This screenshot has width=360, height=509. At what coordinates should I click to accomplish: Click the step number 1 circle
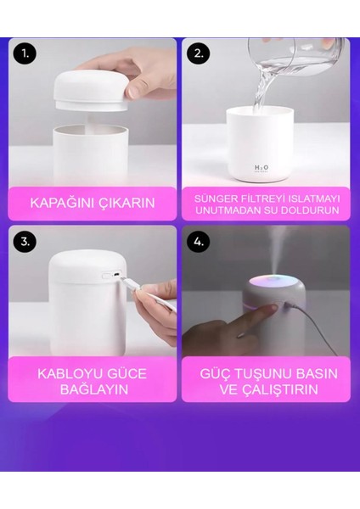(25, 53)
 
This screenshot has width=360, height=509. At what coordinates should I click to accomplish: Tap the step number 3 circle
(25, 240)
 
